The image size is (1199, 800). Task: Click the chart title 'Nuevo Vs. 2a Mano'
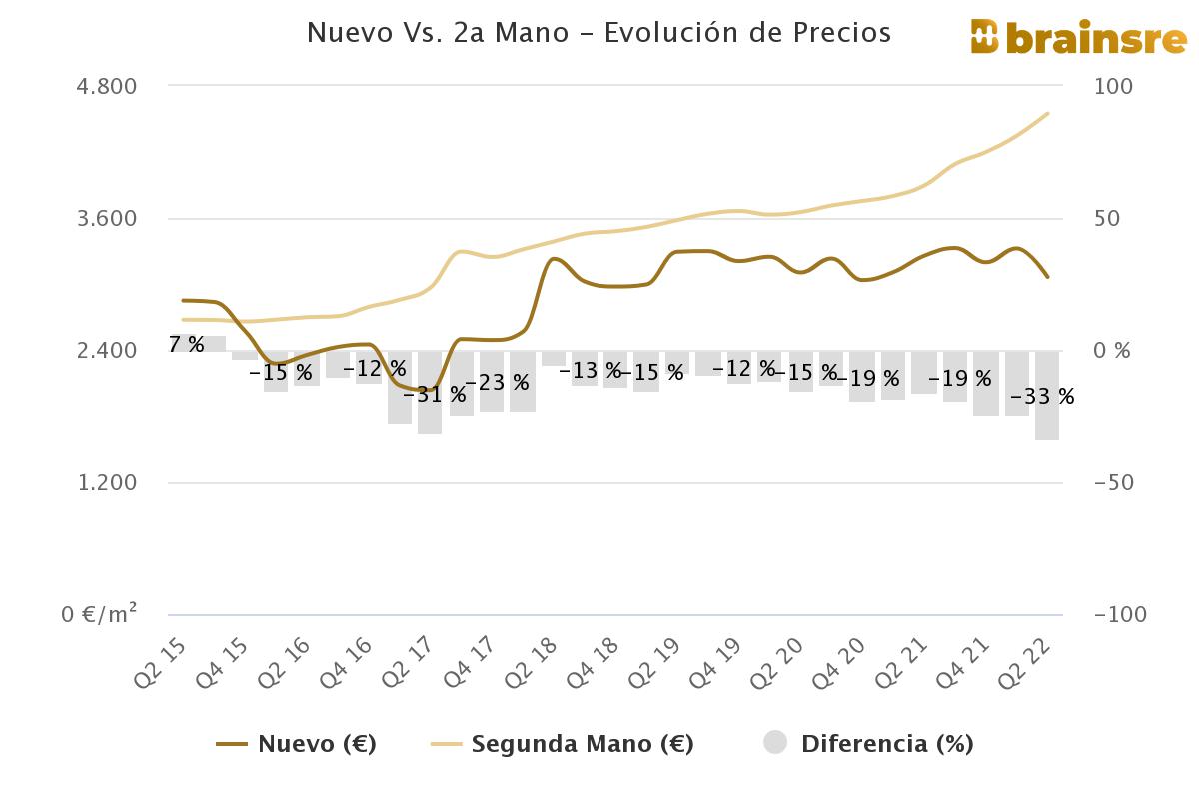pyautogui.click(x=599, y=33)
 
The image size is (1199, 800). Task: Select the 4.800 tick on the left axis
pyautogui.click(x=107, y=86)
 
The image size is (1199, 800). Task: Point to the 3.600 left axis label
pyautogui.click(x=107, y=218)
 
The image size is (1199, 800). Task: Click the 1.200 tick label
pyautogui.click(x=107, y=483)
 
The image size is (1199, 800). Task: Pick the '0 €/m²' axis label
pyautogui.click(x=100, y=614)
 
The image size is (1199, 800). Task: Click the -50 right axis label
pyautogui.click(x=1114, y=483)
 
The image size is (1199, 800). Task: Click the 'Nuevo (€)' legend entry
pyautogui.click(x=297, y=744)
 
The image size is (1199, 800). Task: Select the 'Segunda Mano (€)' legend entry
pyautogui.click(x=562, y=744)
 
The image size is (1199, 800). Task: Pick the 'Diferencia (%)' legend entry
pyautogui.click(x=868, y=744)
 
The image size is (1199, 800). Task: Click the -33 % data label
pyautogui.click(x=1042, y=397)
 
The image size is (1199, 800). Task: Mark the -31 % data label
pyautogui.click(x=434, y=394)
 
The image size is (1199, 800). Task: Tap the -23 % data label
pyautogui.click(x=497, y=383)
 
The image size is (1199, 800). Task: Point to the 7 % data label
pyautogui.click(x=186, y=345)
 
